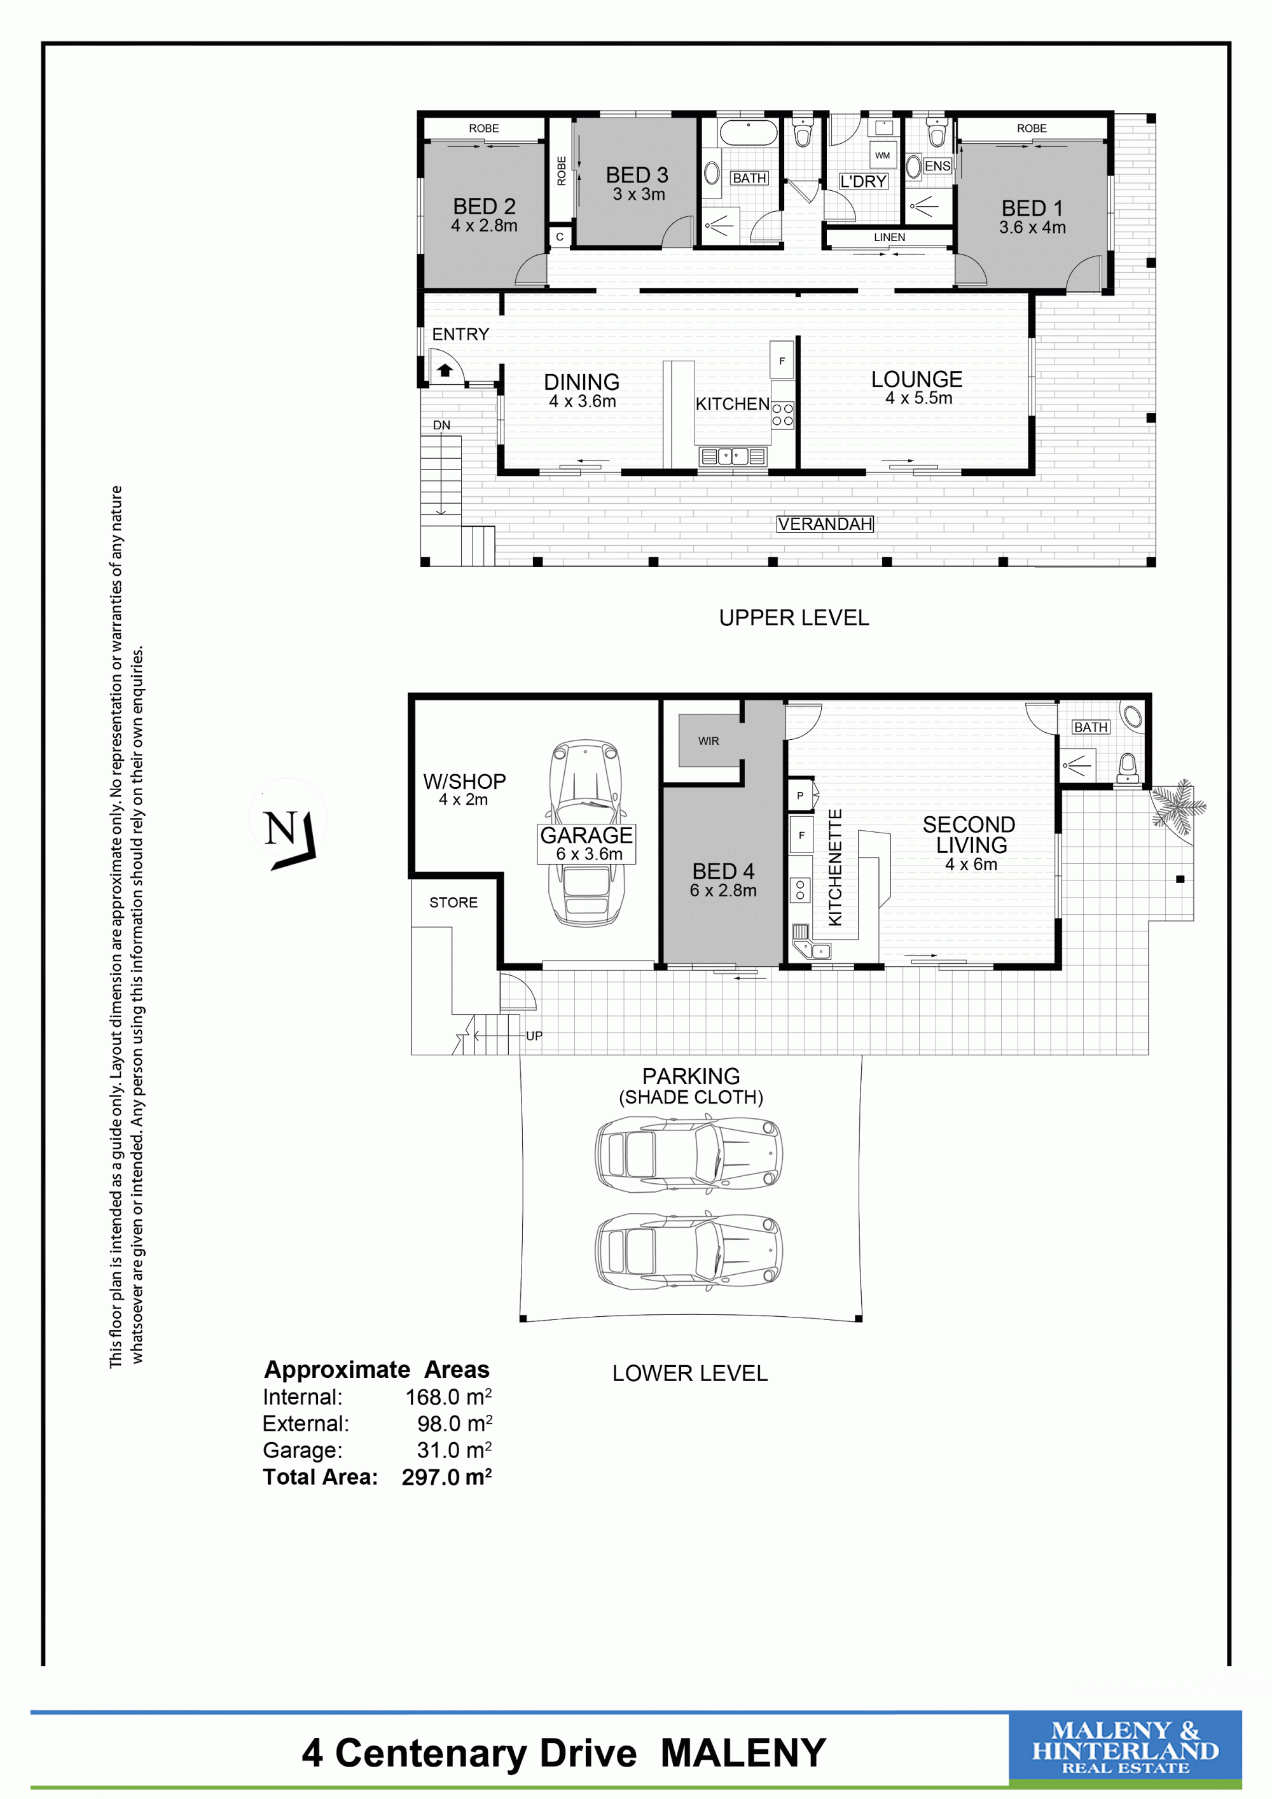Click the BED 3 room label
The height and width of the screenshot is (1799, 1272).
point(637,175)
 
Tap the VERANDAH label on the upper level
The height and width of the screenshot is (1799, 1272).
point(825,524)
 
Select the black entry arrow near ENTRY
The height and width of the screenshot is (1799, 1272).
point(445,370)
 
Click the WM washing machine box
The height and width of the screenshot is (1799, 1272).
point(883,155)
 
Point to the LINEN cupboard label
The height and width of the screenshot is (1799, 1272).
point(890,237)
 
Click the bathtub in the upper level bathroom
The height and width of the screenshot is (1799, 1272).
point(748,132)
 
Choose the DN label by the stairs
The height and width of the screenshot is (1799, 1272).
point(442,426)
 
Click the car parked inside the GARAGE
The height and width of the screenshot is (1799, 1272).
point(586,832)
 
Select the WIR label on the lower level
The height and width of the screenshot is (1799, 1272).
point(709,740)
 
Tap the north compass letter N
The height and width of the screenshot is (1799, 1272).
point(280,828)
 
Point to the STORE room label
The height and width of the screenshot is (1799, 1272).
point(453,903)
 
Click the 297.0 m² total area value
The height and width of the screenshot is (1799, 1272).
point(446,1477)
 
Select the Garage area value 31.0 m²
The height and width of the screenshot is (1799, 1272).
point(454,1450)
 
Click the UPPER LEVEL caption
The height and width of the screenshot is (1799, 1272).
point(794,618)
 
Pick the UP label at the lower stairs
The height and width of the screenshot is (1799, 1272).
point(534,1036)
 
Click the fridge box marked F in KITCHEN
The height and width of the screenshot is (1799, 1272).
point(782,361)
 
